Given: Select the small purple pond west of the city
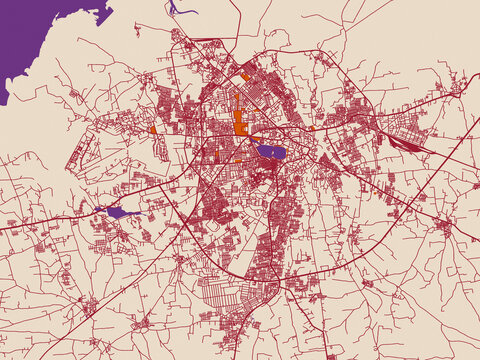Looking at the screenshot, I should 116,212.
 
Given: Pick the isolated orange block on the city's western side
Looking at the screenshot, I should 153,129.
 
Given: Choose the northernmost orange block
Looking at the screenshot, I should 246,75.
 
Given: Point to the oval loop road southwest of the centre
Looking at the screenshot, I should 212,226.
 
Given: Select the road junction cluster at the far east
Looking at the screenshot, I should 458,88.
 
